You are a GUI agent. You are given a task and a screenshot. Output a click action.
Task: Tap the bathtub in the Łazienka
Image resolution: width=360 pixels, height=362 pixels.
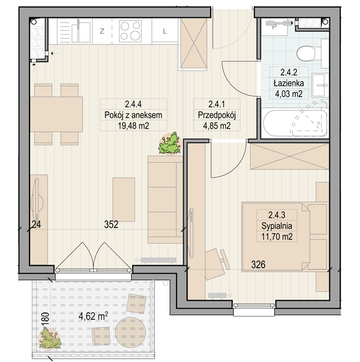point(295,123)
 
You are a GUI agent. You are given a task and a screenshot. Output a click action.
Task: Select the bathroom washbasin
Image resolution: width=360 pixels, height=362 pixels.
point(319,85)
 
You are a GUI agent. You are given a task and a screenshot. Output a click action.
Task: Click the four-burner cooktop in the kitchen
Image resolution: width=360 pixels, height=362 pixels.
point(130,31)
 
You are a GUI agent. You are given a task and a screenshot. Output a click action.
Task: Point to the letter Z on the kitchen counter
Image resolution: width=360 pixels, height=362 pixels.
point(102,31)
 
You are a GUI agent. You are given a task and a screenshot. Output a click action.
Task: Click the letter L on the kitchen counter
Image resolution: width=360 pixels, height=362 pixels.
point(165,31)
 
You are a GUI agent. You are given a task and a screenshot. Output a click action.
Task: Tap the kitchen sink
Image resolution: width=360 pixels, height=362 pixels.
point(81,32)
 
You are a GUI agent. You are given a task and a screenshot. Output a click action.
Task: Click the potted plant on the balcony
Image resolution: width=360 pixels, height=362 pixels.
point(50,338)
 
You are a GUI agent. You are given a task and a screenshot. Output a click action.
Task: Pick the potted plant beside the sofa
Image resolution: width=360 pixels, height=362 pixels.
point(170,143)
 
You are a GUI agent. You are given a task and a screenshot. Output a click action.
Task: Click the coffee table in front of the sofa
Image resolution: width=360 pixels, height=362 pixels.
point(124,200)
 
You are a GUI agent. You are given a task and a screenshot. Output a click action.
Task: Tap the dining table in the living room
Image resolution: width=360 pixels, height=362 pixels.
point(56,114)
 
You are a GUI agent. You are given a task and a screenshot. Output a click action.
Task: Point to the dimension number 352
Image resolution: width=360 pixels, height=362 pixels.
point(111,224)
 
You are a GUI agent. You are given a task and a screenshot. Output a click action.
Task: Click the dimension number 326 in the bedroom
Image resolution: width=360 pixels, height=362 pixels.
point(258,265)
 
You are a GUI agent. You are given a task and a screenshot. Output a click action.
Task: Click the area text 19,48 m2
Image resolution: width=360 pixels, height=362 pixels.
point(133,126)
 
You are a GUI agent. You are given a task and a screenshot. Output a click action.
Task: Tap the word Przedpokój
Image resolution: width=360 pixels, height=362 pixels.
point(216,115)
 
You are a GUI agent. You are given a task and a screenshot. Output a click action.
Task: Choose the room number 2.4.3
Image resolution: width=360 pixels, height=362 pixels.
point(277,215)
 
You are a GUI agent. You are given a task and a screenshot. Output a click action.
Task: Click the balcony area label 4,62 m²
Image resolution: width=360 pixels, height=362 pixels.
point(93,316)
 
